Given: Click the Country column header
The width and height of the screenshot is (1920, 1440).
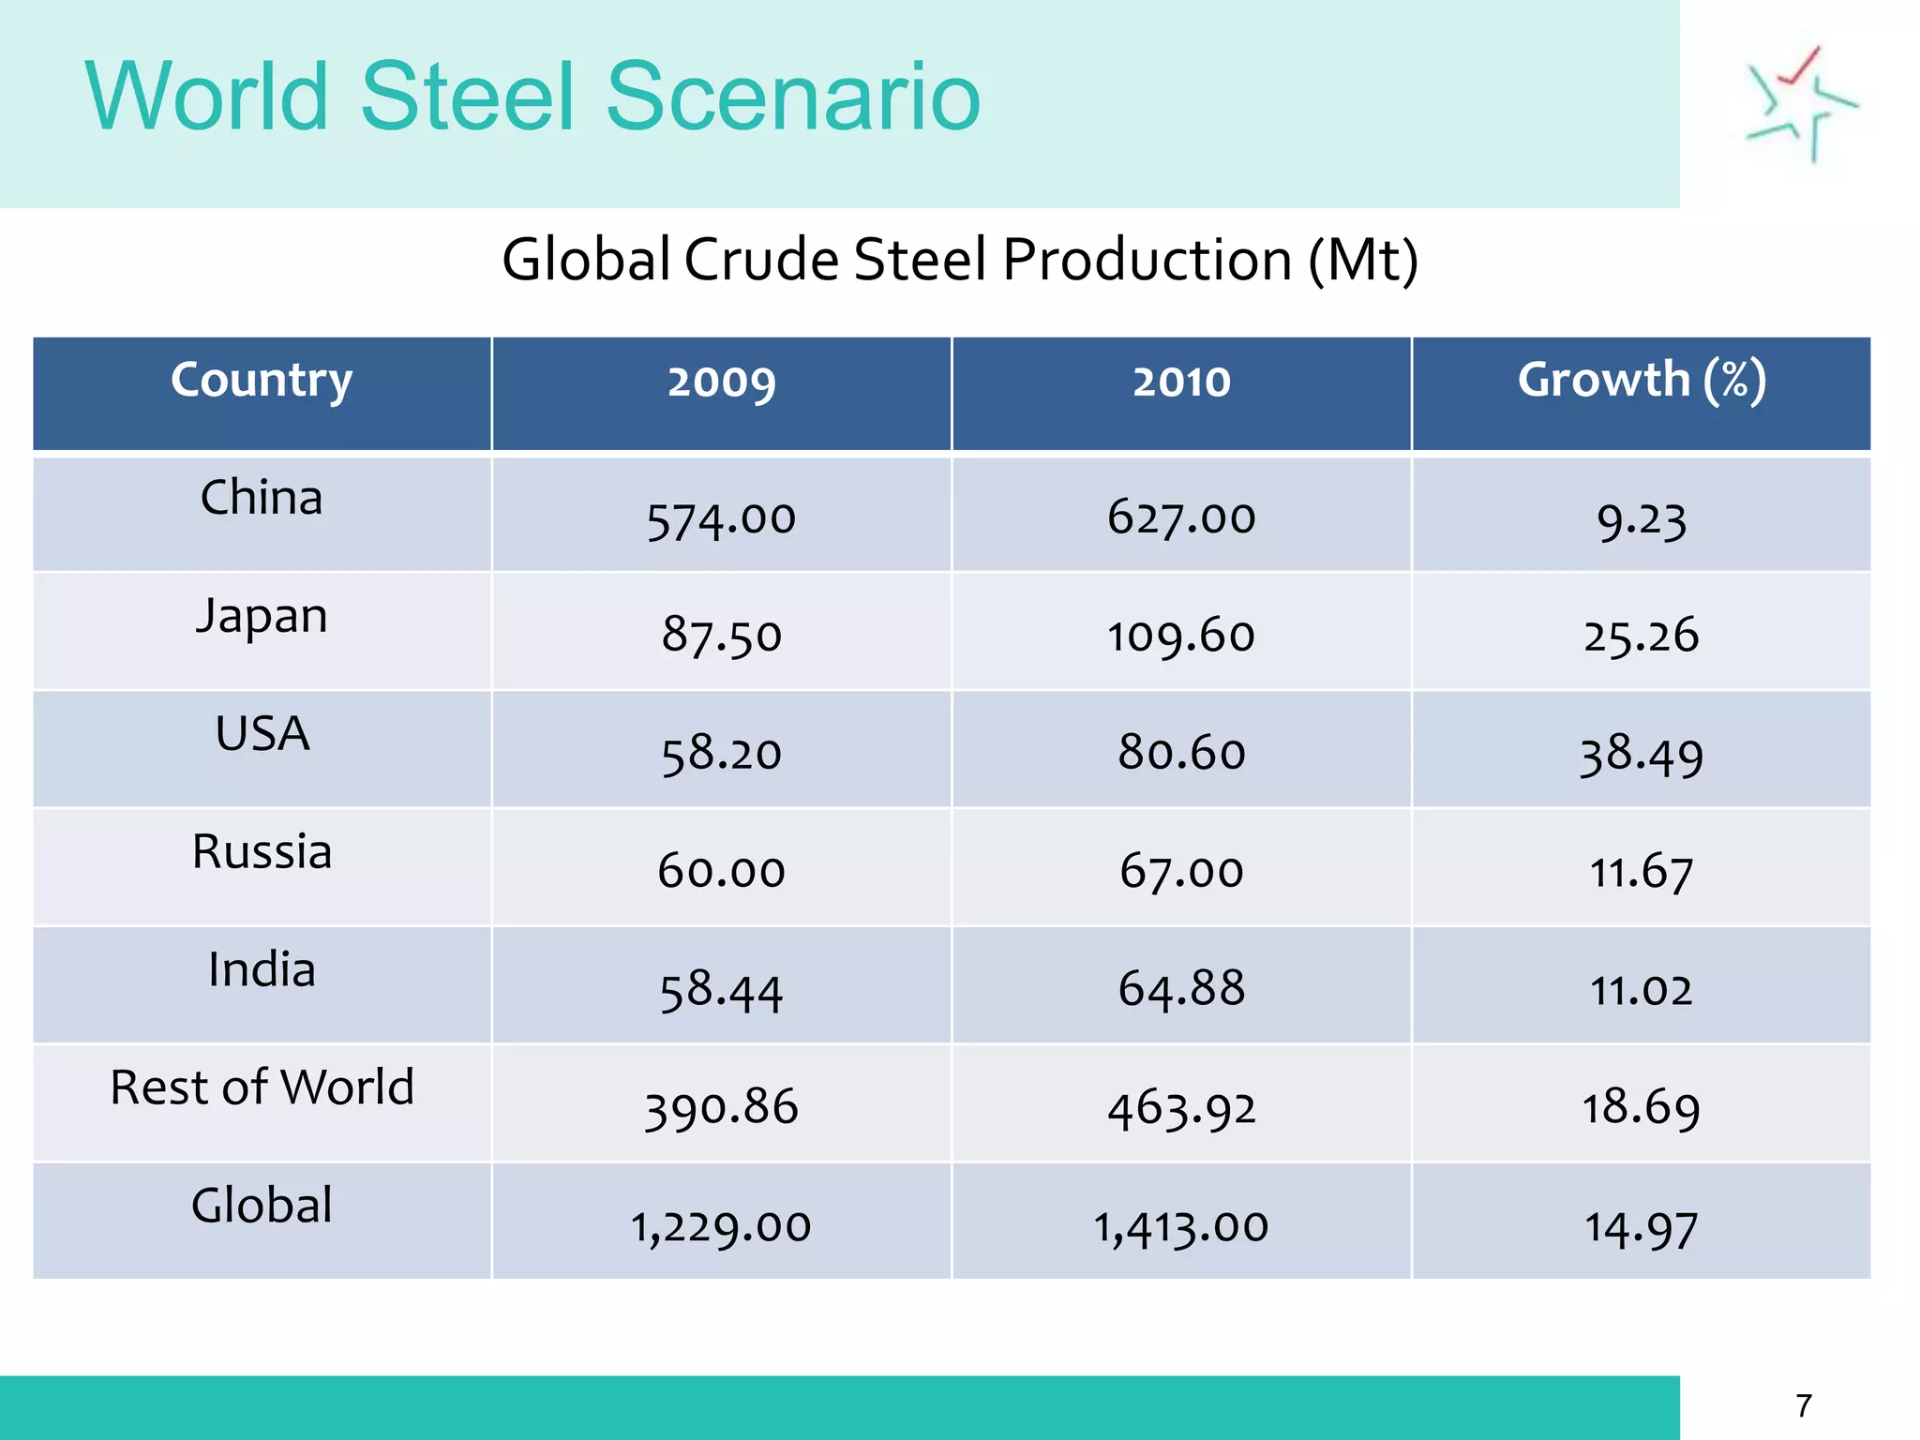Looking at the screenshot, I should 262,381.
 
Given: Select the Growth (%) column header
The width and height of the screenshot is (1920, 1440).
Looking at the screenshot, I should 1641,381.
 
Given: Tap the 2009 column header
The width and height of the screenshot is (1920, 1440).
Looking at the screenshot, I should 721,382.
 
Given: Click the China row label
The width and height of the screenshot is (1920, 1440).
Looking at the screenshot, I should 262,498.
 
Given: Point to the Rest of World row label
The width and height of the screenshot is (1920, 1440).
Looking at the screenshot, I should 262,1087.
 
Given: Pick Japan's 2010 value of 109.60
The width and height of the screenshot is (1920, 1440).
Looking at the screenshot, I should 1180,637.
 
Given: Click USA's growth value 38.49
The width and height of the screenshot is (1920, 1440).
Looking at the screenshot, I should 1641,755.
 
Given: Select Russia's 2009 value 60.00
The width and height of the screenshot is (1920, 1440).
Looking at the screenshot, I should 721,872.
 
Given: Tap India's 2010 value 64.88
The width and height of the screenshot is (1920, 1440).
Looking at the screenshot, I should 1180,989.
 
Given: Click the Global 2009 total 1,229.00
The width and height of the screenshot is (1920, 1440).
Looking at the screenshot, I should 721,1226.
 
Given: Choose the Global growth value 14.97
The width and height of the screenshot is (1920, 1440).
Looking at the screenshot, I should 1641,1228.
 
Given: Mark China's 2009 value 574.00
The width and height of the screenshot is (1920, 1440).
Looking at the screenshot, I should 721,519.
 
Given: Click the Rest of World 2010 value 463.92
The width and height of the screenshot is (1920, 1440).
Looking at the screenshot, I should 1180,1109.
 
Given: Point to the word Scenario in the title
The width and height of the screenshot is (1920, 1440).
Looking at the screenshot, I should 793,96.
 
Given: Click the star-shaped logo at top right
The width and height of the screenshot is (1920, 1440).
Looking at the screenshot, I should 1800,105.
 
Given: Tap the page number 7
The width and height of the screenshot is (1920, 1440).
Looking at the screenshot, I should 1804,1405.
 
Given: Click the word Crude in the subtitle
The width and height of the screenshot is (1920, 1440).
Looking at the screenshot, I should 761,260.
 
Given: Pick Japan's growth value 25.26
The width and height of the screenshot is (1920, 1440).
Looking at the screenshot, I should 1641,637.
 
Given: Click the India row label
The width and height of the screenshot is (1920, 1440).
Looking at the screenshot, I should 262,969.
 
